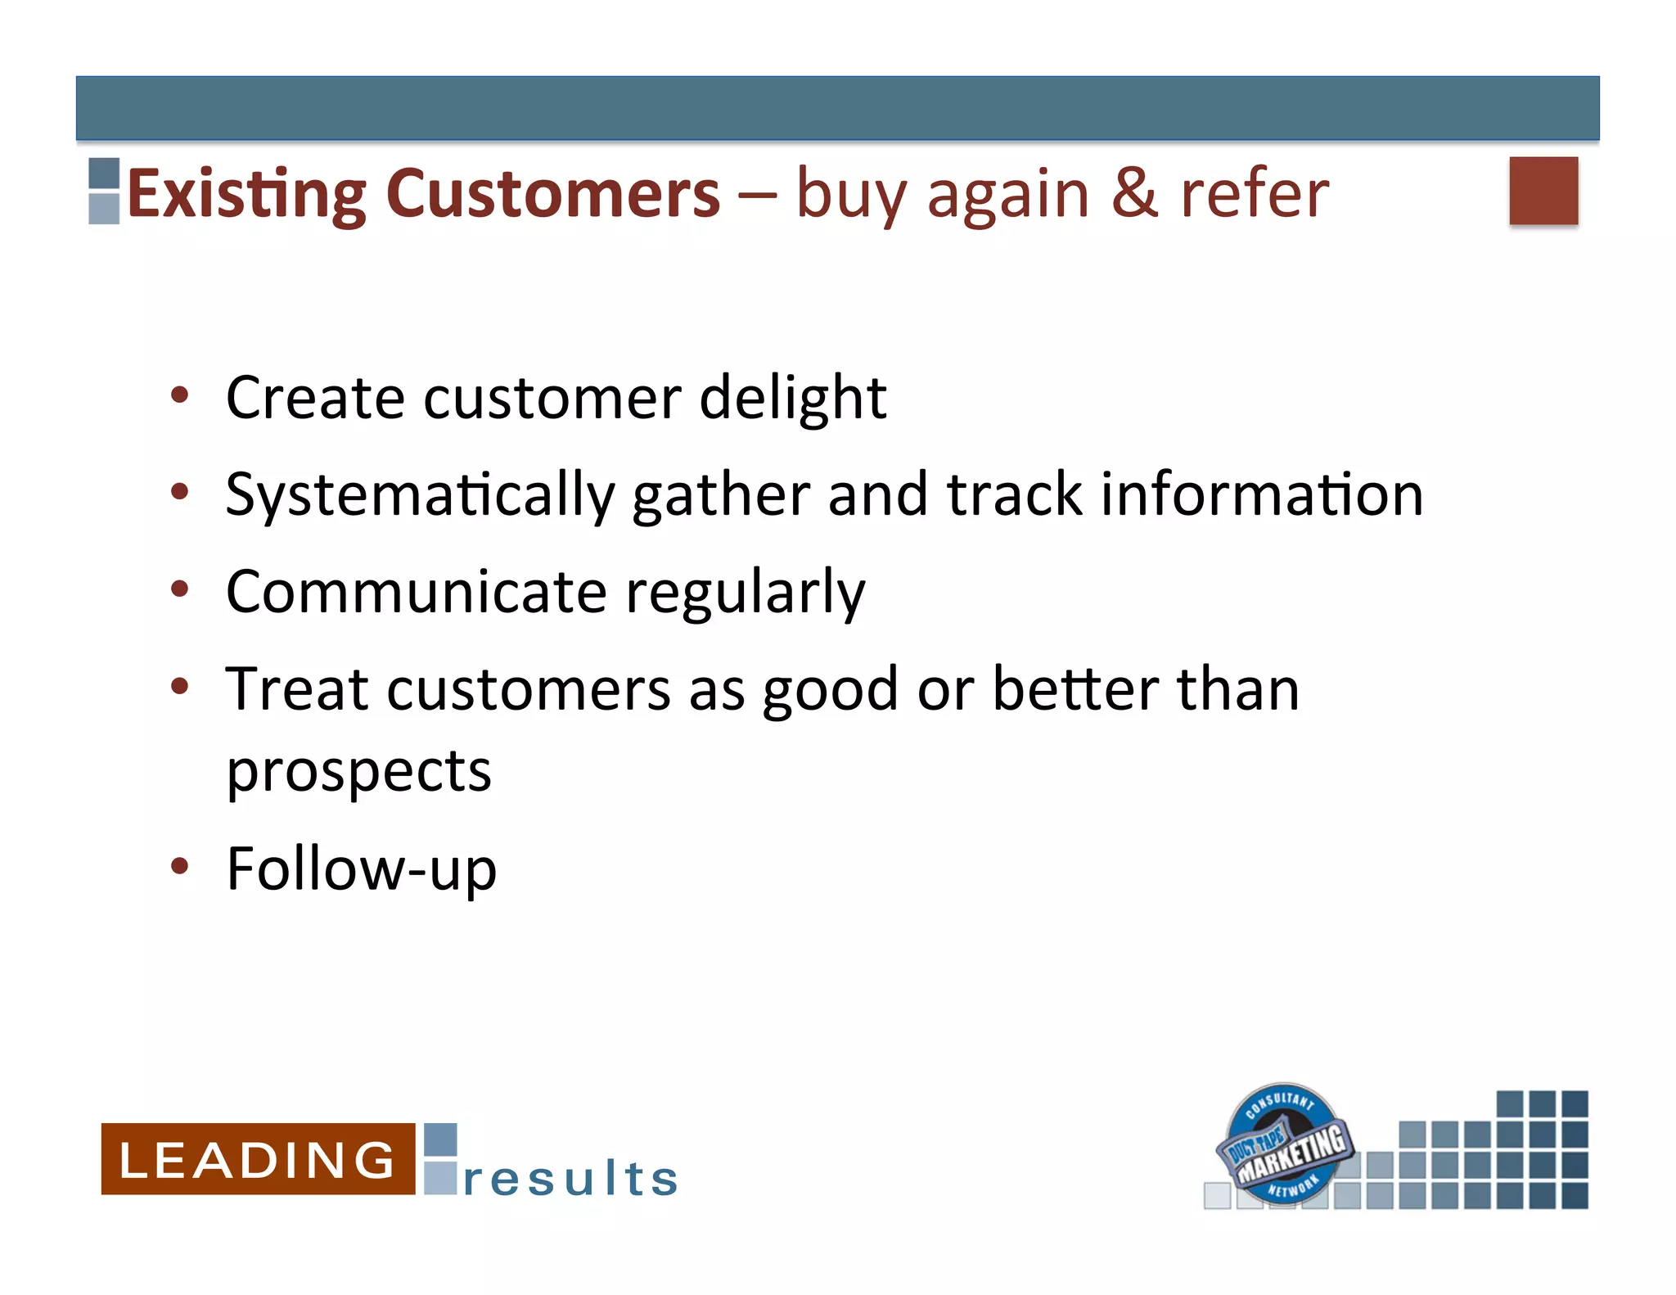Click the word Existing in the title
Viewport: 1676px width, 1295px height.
246,195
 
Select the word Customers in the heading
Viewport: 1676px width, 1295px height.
553,195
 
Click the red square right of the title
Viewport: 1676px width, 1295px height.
1543,190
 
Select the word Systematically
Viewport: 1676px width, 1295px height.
420,496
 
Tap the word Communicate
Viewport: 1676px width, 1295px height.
417,592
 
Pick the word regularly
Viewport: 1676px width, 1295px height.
745,593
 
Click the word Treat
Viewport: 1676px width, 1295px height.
297,689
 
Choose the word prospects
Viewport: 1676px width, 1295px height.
358,773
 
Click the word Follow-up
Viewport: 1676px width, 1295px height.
361,869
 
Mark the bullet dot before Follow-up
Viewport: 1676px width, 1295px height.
180,866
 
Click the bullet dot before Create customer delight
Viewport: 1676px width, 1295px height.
180,396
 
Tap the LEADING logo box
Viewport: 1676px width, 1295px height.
258,1158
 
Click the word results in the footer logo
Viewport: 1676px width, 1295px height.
570,1179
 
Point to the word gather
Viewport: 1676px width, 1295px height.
721,496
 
